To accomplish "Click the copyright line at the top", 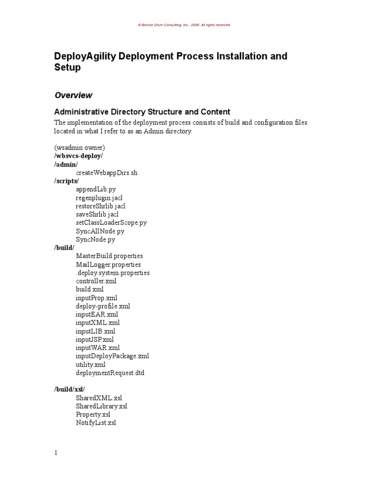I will click(184, 25).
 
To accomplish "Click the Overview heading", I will click(73, 95).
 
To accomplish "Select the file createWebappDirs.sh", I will click(106, 173).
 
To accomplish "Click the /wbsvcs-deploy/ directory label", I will click(79, 156).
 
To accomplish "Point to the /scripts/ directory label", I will click(66, 181).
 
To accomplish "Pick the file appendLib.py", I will click(96, 189).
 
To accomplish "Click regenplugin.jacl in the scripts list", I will click(102, 198).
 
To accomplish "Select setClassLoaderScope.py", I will click(111, 223).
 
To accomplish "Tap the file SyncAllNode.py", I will click(100, 231).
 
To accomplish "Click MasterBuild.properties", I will click(109, 256).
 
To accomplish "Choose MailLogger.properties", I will click(108, 264).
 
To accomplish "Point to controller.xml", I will click(96, 281).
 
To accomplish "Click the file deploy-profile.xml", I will click(103, 306).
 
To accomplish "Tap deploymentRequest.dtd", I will click(110, 373).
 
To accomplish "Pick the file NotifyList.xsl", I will click(96, 423).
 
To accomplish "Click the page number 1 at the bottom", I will click(56, 453).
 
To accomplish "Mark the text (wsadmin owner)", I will click(79, 147).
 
